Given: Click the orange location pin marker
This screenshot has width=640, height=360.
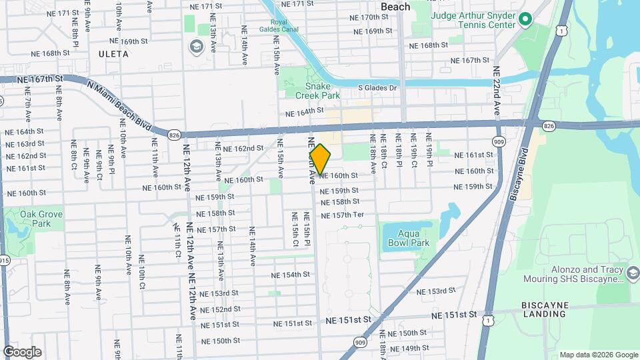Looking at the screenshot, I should tap(321, 159).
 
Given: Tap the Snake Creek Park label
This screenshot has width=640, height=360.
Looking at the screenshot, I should tap(323, 91).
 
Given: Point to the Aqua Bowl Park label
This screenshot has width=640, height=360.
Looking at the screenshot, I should tap(409, 239).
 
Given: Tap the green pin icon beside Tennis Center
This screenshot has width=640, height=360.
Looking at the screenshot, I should tap(525, 20).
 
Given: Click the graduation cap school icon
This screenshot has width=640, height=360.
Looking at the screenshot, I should tap(196, 46).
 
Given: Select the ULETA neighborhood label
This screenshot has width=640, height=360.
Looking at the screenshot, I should tap(113, 53).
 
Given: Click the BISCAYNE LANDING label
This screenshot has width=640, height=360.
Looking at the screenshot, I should tap(544, 309).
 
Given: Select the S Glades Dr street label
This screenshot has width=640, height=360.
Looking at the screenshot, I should tap(377, 87).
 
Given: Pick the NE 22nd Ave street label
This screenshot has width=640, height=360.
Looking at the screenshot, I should tap(497, 91).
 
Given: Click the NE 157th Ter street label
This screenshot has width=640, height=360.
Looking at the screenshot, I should tap(342, 215).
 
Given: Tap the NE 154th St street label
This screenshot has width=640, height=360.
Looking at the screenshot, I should tap(291, 275).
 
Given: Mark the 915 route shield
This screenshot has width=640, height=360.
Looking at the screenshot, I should tap(4, 261).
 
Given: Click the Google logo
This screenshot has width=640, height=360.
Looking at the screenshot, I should tap(22, 351).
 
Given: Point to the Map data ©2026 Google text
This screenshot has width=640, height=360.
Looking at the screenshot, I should tap(599, 355).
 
